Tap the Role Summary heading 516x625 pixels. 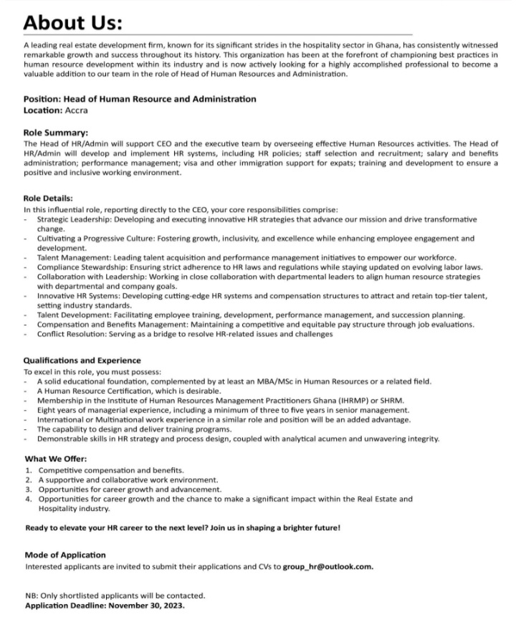tap(57, 133)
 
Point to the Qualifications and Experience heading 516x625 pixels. tap(82, 361)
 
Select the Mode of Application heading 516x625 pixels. tap(65, 555)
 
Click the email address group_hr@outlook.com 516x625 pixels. tap(328, 566)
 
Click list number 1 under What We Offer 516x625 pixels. tap(28, 469)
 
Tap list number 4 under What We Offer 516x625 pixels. tap(28, 498)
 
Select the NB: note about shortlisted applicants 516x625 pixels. tap(115, 595)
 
